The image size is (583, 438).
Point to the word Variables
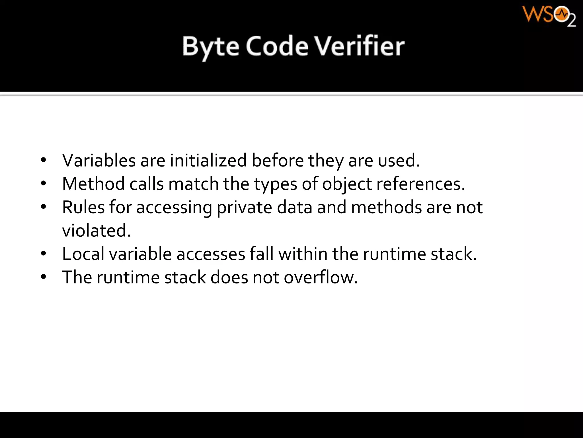pyautogui.click(x=99, y=160)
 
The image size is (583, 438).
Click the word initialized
pyautogui.click(x=208, y=160)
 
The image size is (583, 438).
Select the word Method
pyautogui.click(x=93, y=184)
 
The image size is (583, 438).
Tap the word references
pyautogui.click(x=421, y=184)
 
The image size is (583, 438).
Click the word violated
pyautogui.click(x=96, y=230)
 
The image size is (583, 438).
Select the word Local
pyautogui.click(x=83, y=254)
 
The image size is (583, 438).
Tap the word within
pyautogui.click(x=303, y=254)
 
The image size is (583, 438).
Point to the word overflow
pyautogui.click(x=321, y=277)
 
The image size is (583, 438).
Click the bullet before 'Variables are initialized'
pyautogui.click(x=43, y=160)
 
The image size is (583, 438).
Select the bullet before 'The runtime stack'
pyautogui.click(x=43, y=277)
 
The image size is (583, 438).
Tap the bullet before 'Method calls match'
pyautogui.click(x=43, y=184)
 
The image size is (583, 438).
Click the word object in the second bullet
pyautogui.click(x=347, y=184)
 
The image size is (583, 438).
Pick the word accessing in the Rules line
pyautogui.click(x=174, y=208)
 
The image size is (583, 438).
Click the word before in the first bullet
pyautogui.click(x=278, y=160)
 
